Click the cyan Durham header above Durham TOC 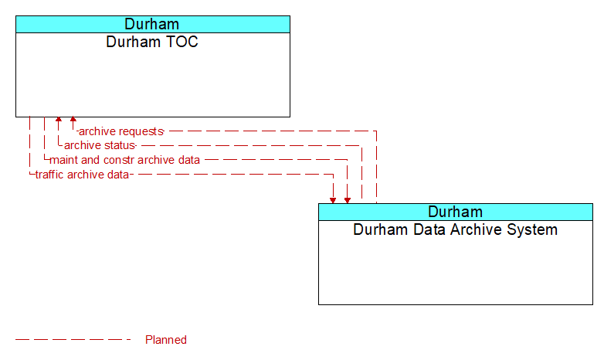tap(152, 24)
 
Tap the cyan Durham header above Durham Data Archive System tap(456, 212)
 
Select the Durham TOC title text tap(152, 42)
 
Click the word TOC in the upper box tap(181, 42)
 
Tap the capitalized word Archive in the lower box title tap(474, 229)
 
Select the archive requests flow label tap(120, 131)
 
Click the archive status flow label tap(100, 145)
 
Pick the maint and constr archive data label tap(124, 160)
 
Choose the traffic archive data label tap(82, 175)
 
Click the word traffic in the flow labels tap(50, 175)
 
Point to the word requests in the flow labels tap(140, 131)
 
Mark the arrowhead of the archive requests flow tap(73, 121)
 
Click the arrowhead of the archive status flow tap(58, 121)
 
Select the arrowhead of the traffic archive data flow tap(333, 199)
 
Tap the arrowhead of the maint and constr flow tap(348, 199)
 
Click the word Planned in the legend tap(166, 340)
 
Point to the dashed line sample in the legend tap(73, 340)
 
